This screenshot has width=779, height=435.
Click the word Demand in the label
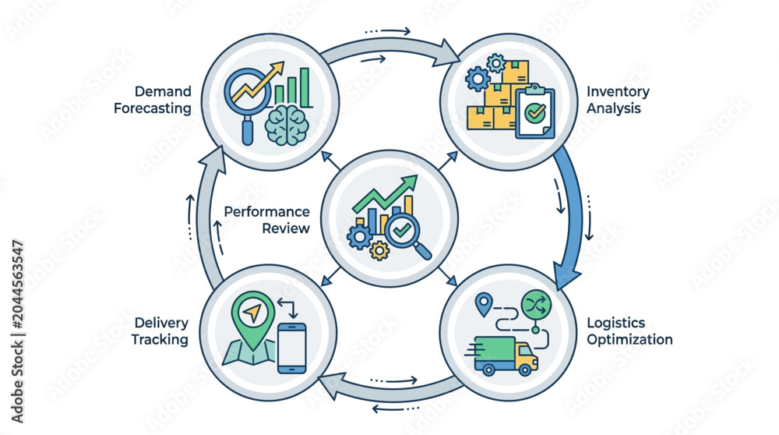tap(163, 91)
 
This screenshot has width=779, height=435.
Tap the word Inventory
tap(618, 92)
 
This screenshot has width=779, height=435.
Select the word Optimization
tap(629, 340)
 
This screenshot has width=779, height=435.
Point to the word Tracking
tap(160, 340)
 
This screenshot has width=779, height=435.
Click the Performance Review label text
tap(266, 220)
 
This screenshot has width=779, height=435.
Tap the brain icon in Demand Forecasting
tap(287, 126)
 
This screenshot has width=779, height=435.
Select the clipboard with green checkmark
tap(534, 111)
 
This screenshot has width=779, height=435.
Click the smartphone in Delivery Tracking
tap(291, 348)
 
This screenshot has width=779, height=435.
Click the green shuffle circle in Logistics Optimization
tap(536, 304)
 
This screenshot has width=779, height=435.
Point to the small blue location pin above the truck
tap(484, 304)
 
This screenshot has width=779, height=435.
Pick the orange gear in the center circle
tap(379, 250)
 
